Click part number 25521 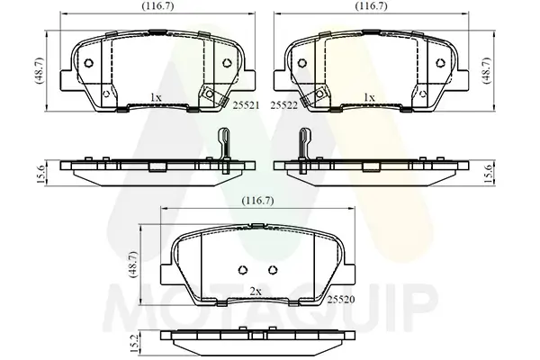click(x=246, y=105)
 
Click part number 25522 click(x=283, y=105)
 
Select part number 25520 click(x=340, y=300)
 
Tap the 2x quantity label click(x=256, y=292)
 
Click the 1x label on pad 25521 click(x=156, y=97)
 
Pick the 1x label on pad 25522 click(x=369, y=97)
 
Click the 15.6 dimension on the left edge click(x=40, y=174)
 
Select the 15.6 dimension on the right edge click(x=489, y=174)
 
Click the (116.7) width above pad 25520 click(x=258, y=201)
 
